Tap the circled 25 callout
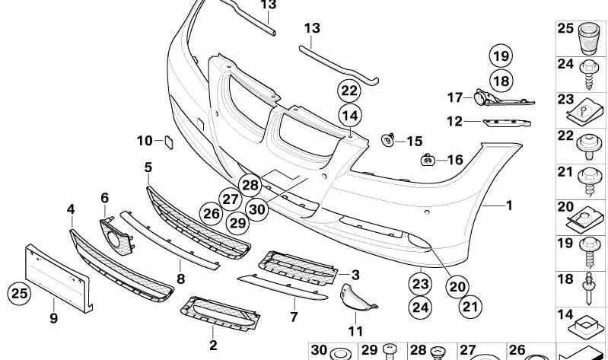[19, 293]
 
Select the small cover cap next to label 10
[169, 142]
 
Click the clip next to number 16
[428, 159]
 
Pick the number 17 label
[455, 97]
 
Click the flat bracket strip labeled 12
[507, 123]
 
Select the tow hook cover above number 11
[357, 298]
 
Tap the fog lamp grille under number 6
[116, 236]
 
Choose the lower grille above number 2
[220, 314]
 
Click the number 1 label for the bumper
[510, 205]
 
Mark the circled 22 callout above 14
[349, 91]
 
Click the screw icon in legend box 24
[589, 75]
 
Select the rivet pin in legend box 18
[589, 288]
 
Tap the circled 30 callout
[256, 209]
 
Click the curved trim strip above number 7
[282, 288]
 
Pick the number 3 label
[355, 275]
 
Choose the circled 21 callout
[470, 307]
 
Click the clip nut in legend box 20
[585, 219]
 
